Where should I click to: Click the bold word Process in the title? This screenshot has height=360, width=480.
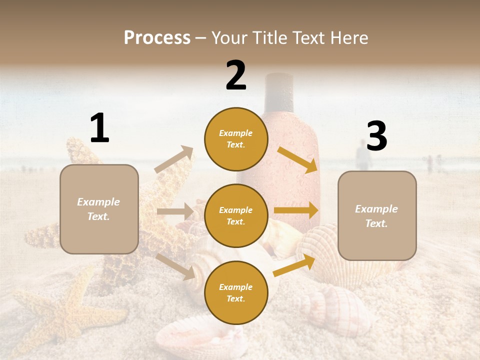[x=157, y=37]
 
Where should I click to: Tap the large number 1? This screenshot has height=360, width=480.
[x=99, y=128]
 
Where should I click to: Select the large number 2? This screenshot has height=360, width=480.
[x=236, y=75]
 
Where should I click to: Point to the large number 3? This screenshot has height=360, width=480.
[x=376, y=136]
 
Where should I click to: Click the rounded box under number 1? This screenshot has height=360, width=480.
[x=99, y=209]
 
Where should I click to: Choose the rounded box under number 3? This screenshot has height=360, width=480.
[x=377, y=215]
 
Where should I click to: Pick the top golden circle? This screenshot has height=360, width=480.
[x=236, y=139]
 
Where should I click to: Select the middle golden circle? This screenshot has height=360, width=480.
[x=236, y=215]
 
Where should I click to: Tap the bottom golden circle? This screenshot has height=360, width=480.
[x=236, y=292]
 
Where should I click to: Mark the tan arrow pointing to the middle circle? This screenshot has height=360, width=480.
[x=175, y=211]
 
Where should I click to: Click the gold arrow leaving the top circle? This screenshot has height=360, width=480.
[x=297, y=159]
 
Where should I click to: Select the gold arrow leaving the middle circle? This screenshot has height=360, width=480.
[x=296, y=210]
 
